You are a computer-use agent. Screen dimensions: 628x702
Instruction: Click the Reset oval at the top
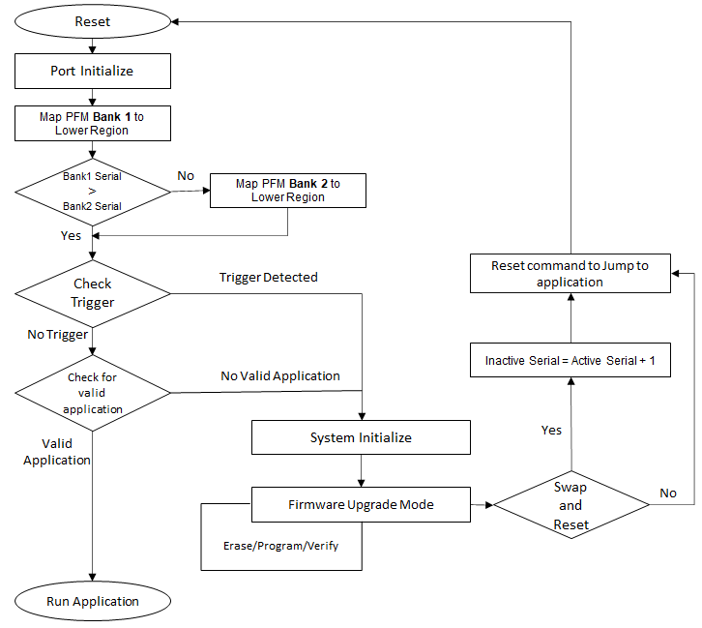pyautogui.click(x=92, y=21)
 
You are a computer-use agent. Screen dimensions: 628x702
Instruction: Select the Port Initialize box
pyautogui.click(x=92, y=71)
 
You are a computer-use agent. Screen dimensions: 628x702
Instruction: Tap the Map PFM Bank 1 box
pyautogui.click(x=92, y=123)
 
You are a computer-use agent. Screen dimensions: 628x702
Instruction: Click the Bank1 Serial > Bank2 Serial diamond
pyautogui.click(x=92, y=192)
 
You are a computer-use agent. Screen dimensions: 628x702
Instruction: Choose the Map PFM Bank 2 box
pyautogui.click(x=288, y=190)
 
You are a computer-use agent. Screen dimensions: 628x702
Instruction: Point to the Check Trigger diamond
pyautogui.click(x=92, y=293)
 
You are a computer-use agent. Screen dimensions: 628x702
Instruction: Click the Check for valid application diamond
pyautogui.click(x=92, y=393)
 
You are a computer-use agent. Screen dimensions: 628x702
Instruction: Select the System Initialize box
pyautogui.click(x=361, y=437)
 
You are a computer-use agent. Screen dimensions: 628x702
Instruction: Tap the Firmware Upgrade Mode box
pyautogui.click(x=361, y=504)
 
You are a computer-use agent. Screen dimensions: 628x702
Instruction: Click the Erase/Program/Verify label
pyautogui.click(x=280, y=546)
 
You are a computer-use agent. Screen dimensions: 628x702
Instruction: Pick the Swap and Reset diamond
pyautogui.click(x=570, y=504)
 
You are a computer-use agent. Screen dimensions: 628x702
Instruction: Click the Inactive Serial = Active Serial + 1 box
pyautogui.click(x=570, y=360)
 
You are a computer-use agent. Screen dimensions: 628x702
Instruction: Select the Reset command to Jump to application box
pyautogui.click(x=570, y=274)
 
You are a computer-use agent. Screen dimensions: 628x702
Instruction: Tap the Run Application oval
pyautogui.click(x=93, y=601)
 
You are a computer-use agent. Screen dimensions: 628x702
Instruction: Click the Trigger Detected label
pyautogui.click(x=268, y=277)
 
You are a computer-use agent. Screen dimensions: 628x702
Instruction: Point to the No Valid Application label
pyautogui.click(x=280, y=375)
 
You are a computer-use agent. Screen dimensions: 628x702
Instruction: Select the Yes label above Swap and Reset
pyautogui.click(x=551, y=430)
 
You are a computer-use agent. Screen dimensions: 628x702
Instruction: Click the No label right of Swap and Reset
pyautogui.click(x=668, y=493)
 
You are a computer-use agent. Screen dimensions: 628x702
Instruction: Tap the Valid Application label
pyautogui.click(x=57, y=451)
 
